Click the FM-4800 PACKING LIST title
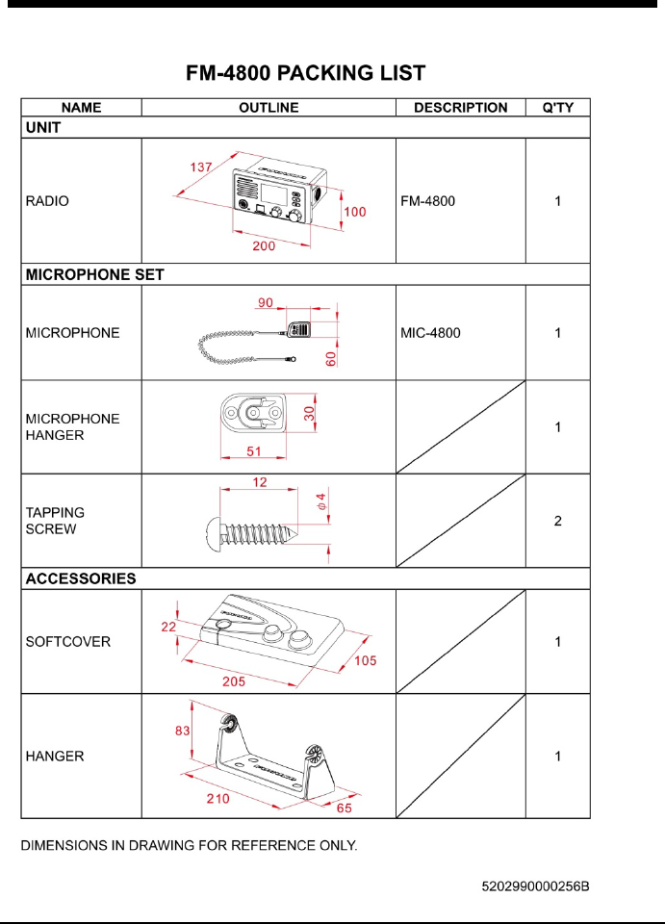[x=305, y=72]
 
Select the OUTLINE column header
[x=269, y=108]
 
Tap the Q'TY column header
[x=558, y=108]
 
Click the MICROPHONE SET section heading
[x=94, y=274]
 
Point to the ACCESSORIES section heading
[x=81, y=579]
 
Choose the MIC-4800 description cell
[x=430, y=333]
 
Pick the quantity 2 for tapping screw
[x=558, y=521]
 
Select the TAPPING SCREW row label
[x=55, y=521]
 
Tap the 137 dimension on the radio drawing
[x=200, y=167]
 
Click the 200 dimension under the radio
[x=264, y=246]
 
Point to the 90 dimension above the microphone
[x=266, y=302]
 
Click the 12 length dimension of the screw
[x=261, y=481]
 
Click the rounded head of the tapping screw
[x=214, y=530]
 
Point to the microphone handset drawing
[x=298, y=331]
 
